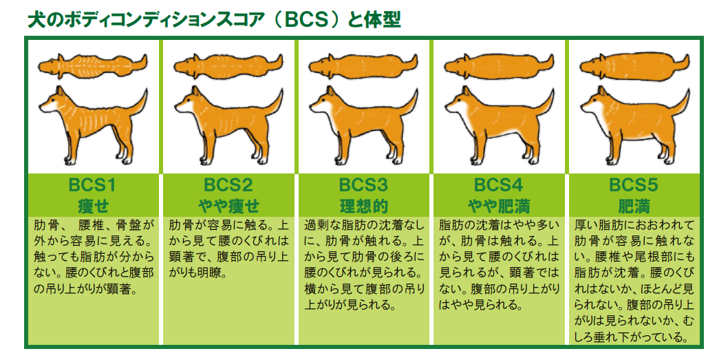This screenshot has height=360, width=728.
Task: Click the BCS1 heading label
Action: point(92,186)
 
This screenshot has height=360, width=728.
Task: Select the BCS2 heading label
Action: point(228,186)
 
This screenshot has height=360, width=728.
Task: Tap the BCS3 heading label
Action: point(363,186)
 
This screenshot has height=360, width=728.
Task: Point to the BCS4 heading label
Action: point(498,186)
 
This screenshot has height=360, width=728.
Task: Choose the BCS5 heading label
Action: point(634,186)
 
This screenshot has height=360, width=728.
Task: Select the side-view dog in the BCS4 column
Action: point(499,125)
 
